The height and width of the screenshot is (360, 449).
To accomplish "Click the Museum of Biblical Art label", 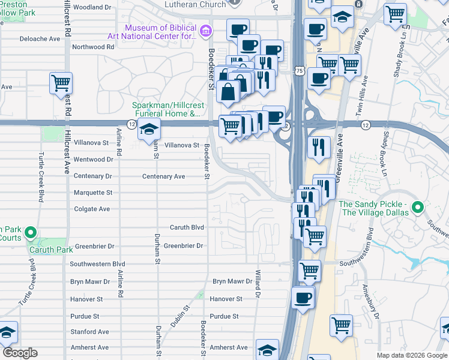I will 160,32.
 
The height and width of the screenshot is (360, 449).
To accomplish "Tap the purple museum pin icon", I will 205,30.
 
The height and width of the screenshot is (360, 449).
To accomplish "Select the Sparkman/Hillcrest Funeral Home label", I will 168,110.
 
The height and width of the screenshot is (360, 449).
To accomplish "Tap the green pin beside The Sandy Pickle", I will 418,208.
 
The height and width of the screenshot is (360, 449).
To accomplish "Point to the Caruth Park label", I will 47,250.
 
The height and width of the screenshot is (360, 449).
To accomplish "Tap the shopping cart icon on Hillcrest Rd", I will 61,83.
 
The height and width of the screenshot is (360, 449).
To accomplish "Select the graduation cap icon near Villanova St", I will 147,129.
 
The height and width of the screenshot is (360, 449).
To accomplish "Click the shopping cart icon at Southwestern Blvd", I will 309,270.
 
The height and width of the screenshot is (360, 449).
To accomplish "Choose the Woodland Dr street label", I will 92,7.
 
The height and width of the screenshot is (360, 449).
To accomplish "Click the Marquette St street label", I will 92,193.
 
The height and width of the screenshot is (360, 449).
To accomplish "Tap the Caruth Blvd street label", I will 187,228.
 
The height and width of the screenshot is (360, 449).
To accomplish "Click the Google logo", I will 20,353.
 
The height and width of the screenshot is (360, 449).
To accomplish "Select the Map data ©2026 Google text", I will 411,355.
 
